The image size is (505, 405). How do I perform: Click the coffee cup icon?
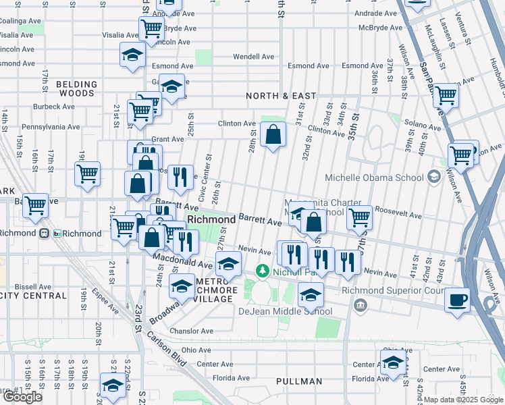tap(457, 299)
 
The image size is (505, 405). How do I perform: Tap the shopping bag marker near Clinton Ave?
tap(273, 134)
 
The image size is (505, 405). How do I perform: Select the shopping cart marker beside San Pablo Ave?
tap(446, 96)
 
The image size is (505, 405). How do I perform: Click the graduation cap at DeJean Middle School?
tap(311, 294)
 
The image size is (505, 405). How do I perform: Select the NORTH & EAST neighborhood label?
tap(281, 96)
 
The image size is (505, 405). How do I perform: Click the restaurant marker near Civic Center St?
tap(180, 177)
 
